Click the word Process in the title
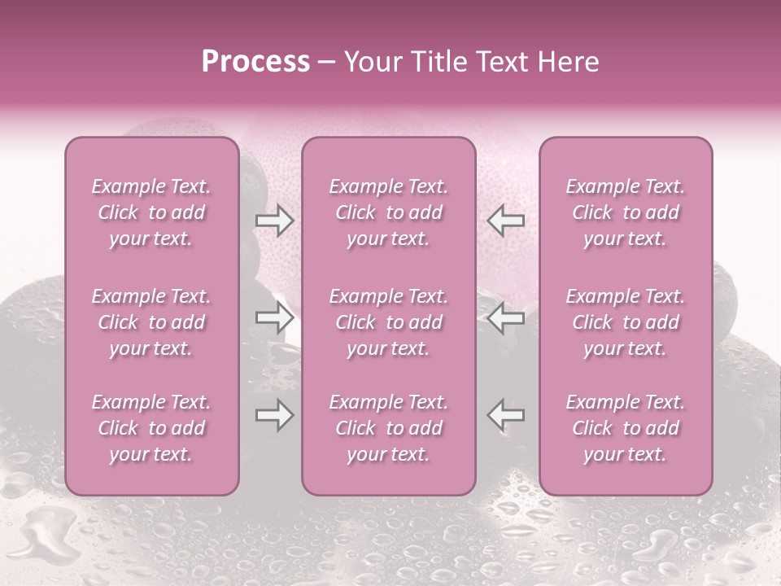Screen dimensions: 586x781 pos(255,62)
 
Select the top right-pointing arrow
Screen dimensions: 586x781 pos(274,220)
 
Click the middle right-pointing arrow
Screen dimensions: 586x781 pos(274,317)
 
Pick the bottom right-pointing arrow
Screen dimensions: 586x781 pos(274,416)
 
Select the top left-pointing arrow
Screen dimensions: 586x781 pos(505,220)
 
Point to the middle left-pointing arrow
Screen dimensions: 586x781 pos(505,317)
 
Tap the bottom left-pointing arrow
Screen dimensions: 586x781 pos(505,414)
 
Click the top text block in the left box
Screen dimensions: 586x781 pos(151,212)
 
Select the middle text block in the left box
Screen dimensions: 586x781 pos(151,322)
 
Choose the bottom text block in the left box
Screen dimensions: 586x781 pos(151,428)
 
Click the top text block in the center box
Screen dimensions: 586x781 pos(388,212)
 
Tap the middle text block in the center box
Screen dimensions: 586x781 pos(388,322)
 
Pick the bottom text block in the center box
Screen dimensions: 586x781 pos(388,428)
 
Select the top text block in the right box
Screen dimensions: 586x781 pos(625,212)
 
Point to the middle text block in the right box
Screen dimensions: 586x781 pos(625,322)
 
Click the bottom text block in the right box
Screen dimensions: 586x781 pos(625,428)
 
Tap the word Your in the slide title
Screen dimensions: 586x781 pos(371,62)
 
